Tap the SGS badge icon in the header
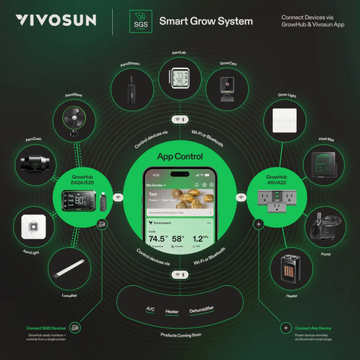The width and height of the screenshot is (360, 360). (x=139, y=20)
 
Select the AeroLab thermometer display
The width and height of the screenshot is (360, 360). (x=180, y=80)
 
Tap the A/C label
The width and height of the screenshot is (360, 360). (x=150, y=308)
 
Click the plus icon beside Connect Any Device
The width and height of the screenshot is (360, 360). (x=285, y=328)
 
